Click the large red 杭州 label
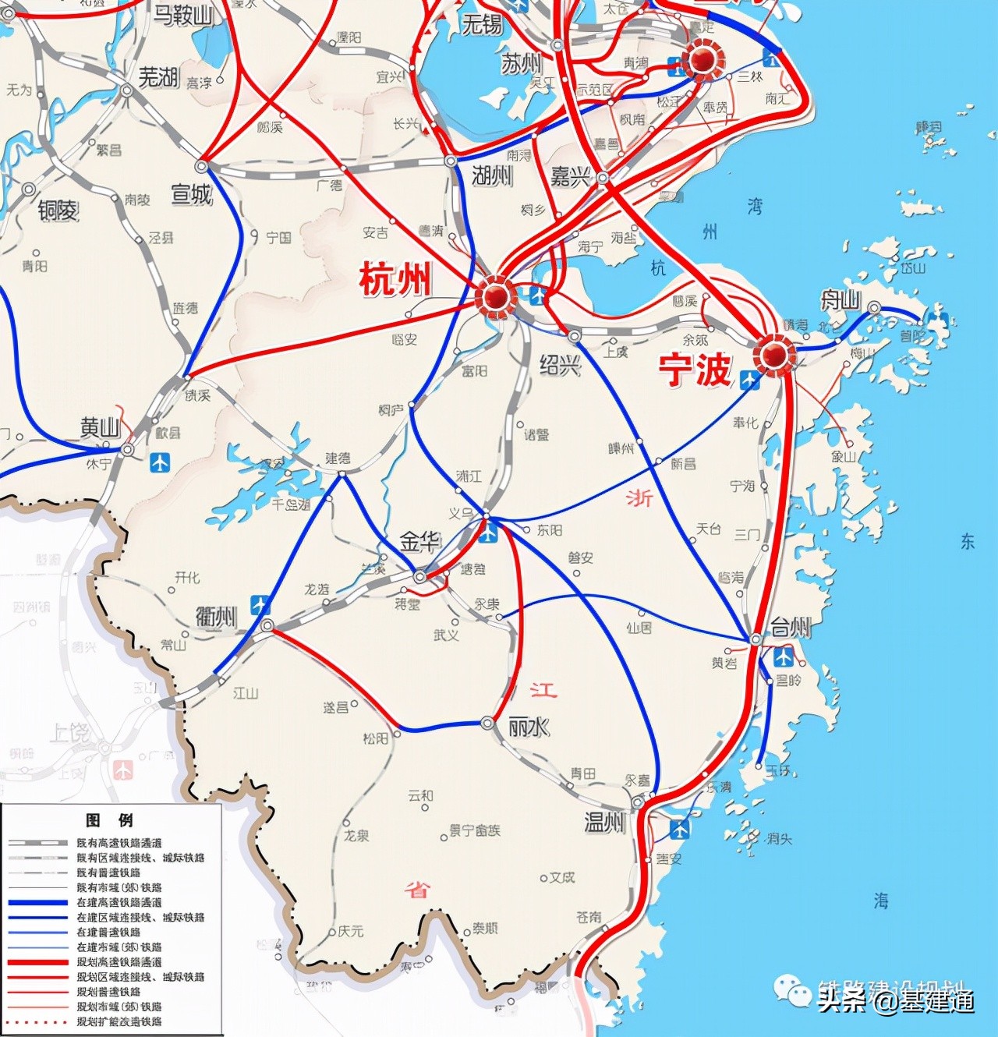point(395,278)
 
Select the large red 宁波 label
point(695,370)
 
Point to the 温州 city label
point(605,822)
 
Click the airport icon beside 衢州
point(260,605)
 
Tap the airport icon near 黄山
point(160,463)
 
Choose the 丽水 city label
point(528,727)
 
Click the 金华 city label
point(420,541)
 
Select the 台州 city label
point(791,627)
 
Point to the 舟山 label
point(840,299)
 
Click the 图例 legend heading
point(110,819)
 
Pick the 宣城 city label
point(192,193)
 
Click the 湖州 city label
point(492,175)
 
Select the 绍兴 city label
point(560,364)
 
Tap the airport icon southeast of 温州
point(680,829)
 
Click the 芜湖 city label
point(159,76)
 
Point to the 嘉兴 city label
point(570,177)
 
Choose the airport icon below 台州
point(784,657)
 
